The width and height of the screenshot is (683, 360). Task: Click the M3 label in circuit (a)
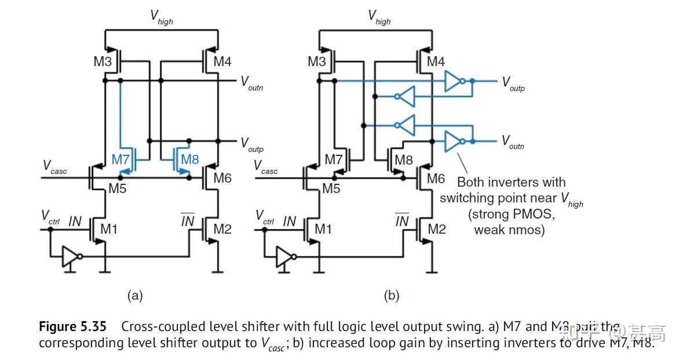click(x=102, y=61)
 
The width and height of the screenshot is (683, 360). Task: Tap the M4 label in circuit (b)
click(x=436, y=61)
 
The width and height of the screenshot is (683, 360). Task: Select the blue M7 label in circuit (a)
click(x=121, y=159)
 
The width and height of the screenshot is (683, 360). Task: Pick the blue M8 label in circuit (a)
click(x=190, y=159)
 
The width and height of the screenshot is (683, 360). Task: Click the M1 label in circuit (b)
click(x=323, y=230)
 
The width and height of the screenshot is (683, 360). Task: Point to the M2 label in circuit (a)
click(x=222, y=230)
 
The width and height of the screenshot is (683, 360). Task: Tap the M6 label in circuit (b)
click(x=436, y=179)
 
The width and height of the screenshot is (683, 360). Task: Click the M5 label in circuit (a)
click(x=118, y=188)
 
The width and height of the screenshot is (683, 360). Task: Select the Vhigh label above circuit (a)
click(x=162, y=17)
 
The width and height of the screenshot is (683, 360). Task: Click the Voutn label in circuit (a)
click(x=252, y=82)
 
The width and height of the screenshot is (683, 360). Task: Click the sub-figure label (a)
click(x=134, y=296)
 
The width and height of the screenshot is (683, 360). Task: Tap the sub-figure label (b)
click(x=391, y=296)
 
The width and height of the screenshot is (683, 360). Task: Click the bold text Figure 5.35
click(x=72, y=326)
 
